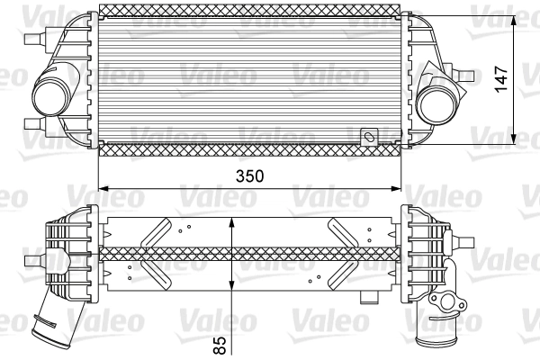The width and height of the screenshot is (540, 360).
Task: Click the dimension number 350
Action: [249, 176]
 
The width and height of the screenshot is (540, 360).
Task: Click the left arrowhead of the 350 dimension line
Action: [103, 188]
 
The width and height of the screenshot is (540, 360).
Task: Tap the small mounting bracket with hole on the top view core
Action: [368, 138]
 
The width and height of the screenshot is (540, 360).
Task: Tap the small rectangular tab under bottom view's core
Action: [366, 297]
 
